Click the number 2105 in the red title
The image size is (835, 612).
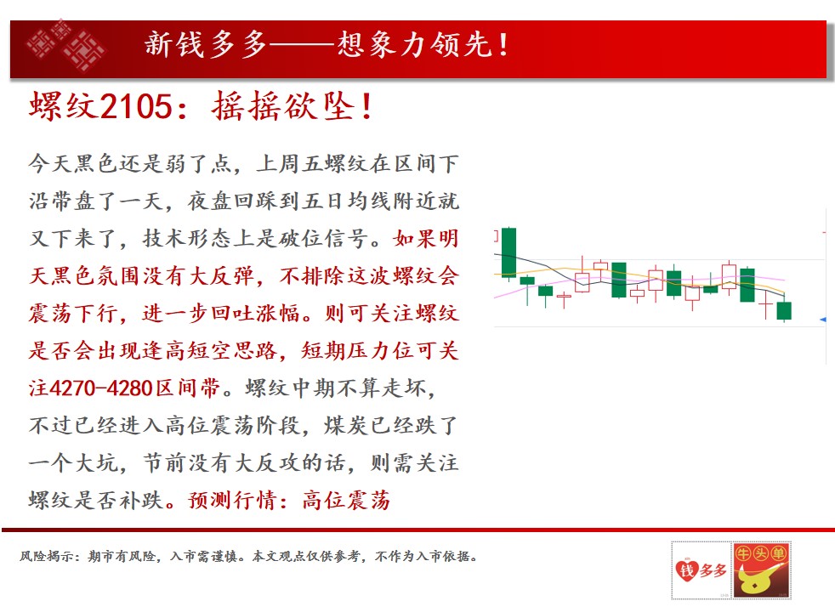pyautogui.click(x=136, y=106)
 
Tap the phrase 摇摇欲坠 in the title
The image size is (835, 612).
pyautogui.click(x=283, y=106)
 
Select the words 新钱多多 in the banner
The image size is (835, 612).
pyautogui.click(x=206, y=43)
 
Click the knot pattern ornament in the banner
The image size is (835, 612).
pyautogui.click(x=66, y=46)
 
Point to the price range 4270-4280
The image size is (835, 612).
pyautogui.click(x=101, y=388)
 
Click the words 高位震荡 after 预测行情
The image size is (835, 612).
pyautogui.click(x=346, y=501)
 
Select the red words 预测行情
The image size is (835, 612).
pyautogui.click(x=232, y=501)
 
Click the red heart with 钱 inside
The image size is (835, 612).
pyautogui.click(x=686, y=571)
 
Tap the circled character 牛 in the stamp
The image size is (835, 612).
pyautogui.click(x=743, y=554)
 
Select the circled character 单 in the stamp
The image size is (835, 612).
pyautogui.click(x=778, y=554)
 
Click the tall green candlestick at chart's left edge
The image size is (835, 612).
pyautogui.click(x=508, y=252)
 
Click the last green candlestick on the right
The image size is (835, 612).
pyautogui.click(x=784, y=310)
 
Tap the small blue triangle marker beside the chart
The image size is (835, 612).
pyautogui.click(x=823, y=320)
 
